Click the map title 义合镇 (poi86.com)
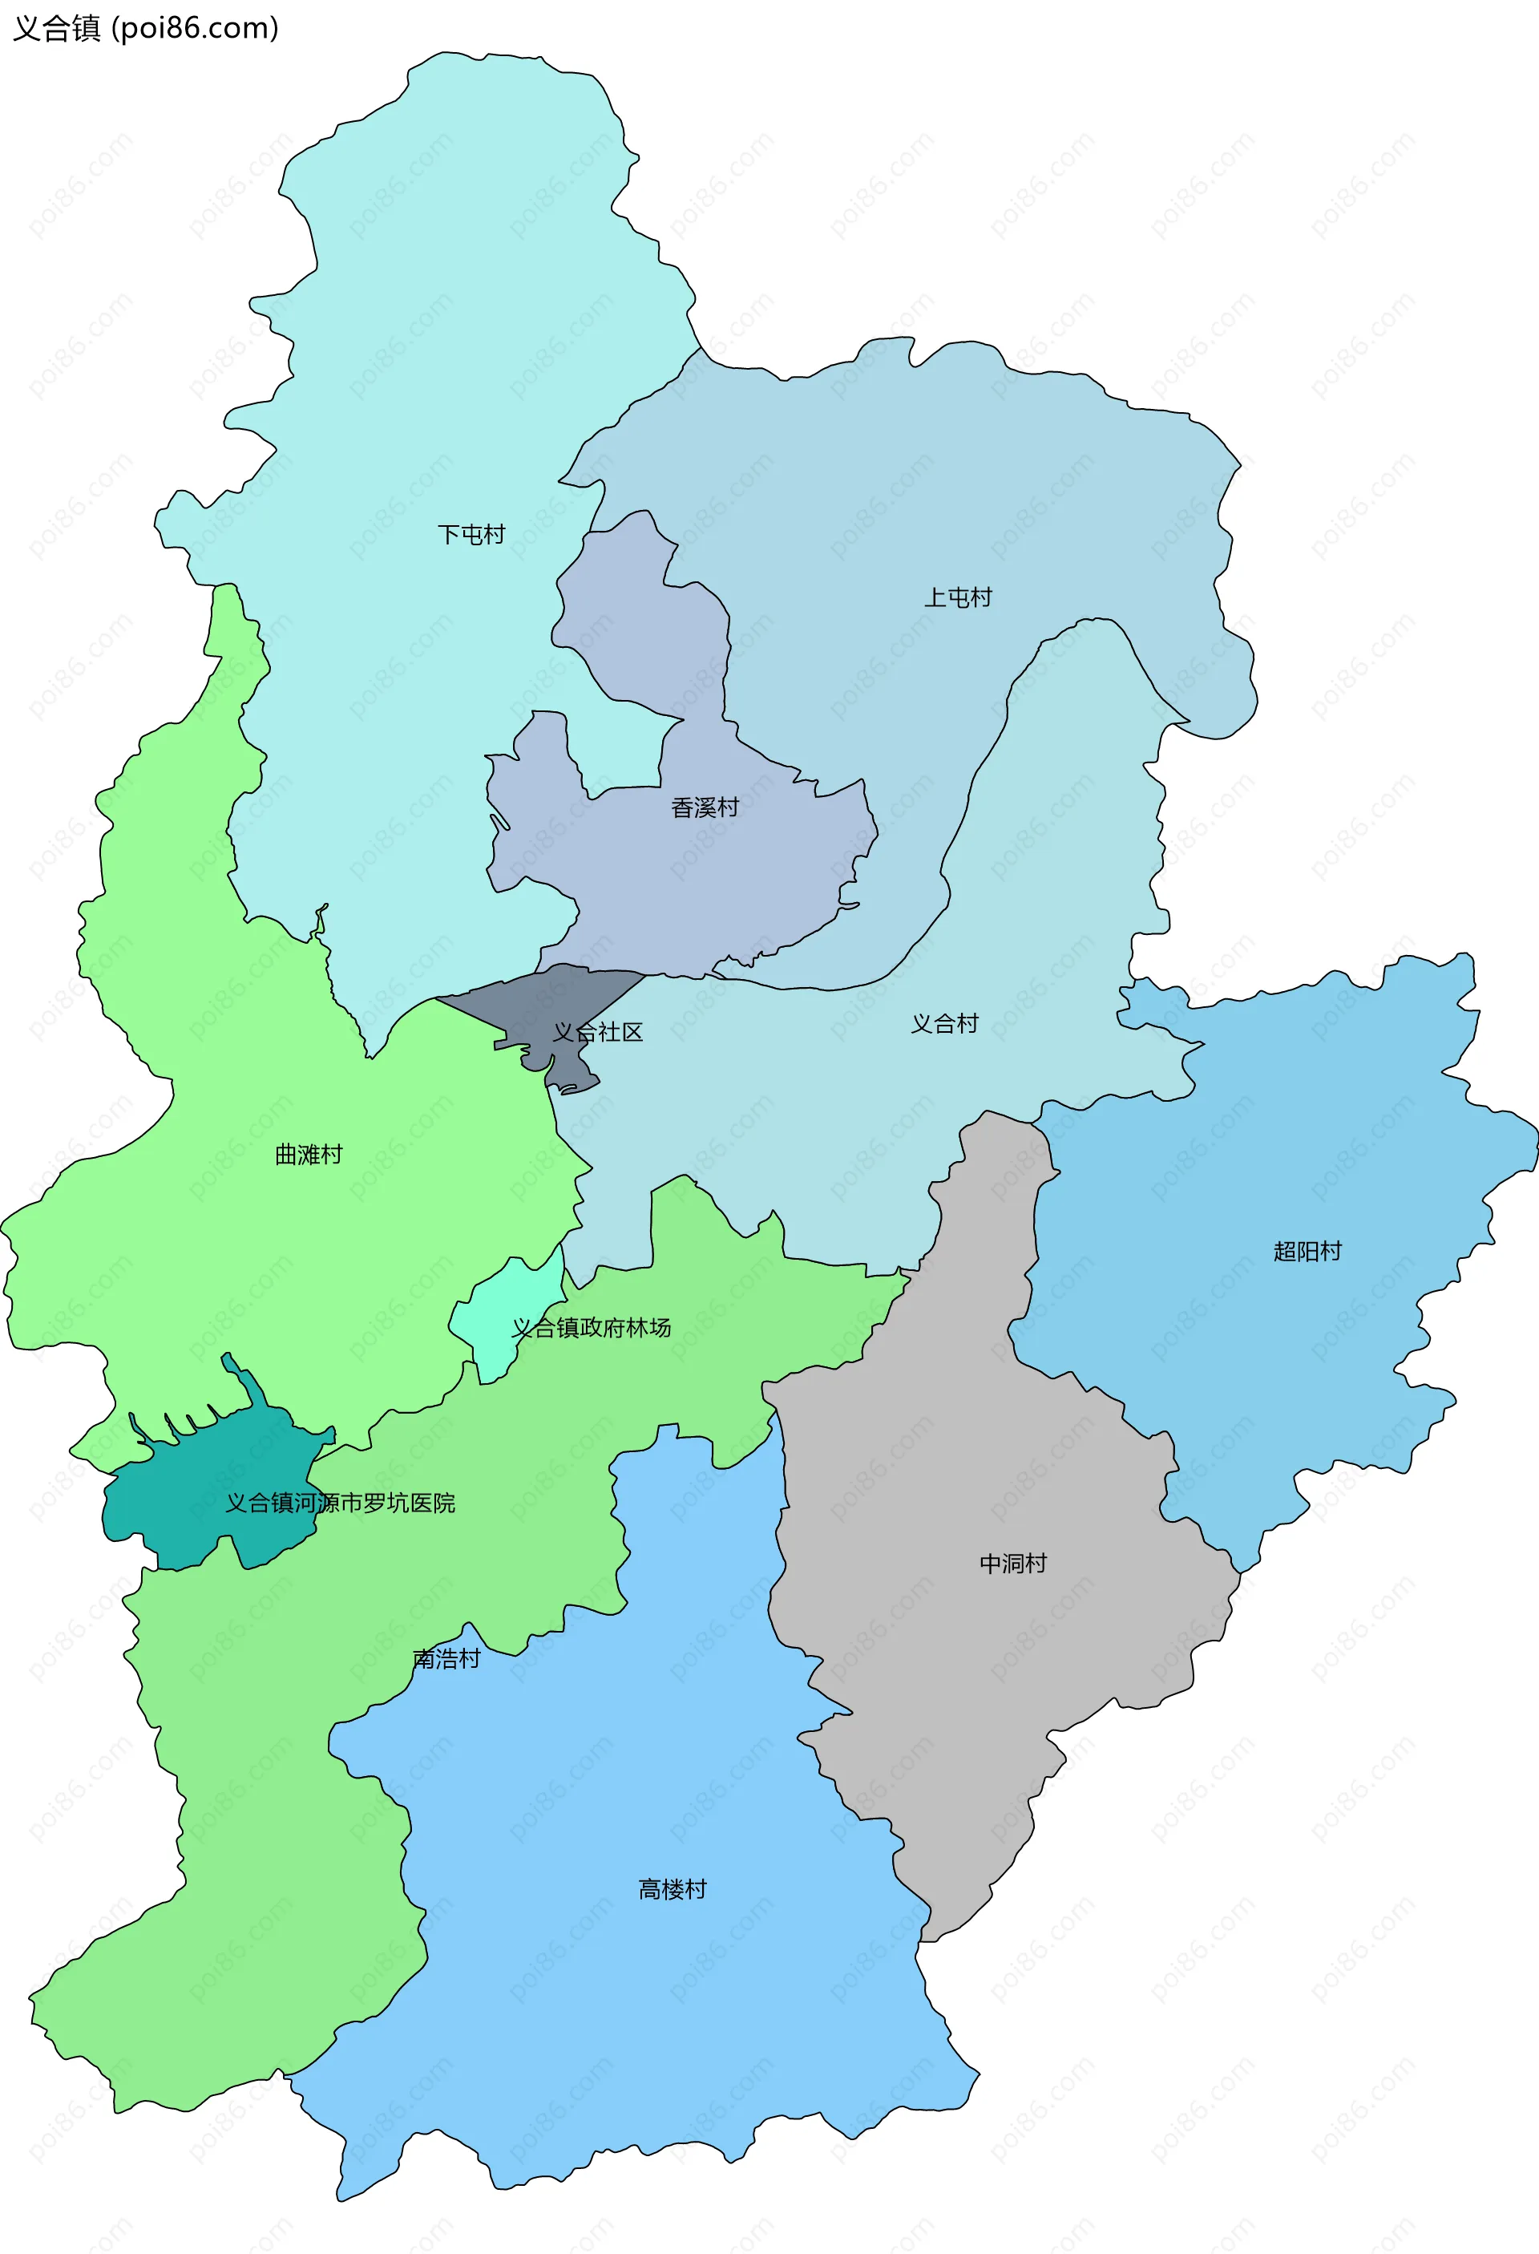click(145, 28)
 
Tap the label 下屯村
click(471, 534)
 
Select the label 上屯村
click(957, 597)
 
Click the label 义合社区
click(597, 1032)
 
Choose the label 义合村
click(944, 1023)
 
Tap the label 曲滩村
click(309, 1154)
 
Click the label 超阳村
click(1307, 1251)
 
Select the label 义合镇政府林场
click(592, 1328)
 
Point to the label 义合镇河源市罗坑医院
click(341, 1503)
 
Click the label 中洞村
click(1012, 1564)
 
